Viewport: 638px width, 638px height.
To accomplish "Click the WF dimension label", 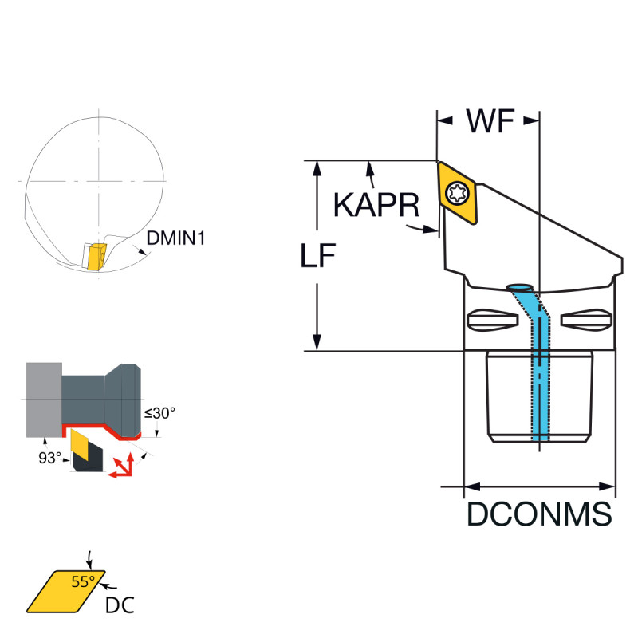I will (489, 122).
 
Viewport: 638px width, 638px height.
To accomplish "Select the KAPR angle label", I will (376, 206).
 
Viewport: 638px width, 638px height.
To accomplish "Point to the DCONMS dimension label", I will (539, 514).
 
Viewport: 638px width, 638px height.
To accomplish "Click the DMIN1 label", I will (175, 237).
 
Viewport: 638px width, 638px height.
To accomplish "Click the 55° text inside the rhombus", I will (82, 581).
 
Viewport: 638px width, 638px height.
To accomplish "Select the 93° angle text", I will (49, 458).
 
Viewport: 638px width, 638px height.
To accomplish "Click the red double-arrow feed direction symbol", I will (121, 467).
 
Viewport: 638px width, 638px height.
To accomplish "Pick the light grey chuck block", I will (43, 400).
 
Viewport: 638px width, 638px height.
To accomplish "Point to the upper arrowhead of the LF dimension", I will (317, 167).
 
